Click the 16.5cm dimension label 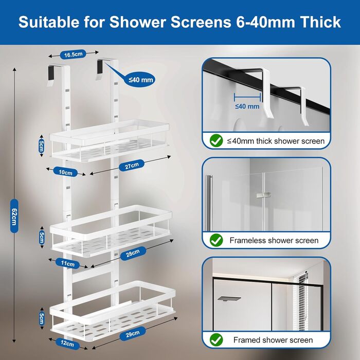73,55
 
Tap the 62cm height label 14,216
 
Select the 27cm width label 132,165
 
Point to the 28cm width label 133,253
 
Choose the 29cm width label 133,334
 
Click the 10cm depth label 65,172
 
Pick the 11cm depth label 67,263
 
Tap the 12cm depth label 67,343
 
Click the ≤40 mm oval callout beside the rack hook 140,80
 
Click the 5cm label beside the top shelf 42,146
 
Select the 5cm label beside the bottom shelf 42,319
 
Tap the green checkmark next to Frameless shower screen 216,240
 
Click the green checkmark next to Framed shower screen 216,340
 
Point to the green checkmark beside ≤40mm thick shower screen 216,140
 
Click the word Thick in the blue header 320,22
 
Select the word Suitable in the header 49,22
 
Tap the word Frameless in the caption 247,240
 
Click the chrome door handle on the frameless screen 209,203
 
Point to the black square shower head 229,299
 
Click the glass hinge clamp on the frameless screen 263,195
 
